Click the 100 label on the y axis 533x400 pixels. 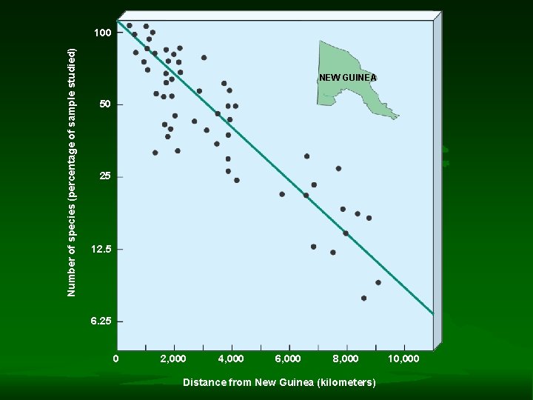[103, 33]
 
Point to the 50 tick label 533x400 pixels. [106, 104]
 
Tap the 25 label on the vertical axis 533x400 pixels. [106, 176]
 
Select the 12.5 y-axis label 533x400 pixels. [101, 250]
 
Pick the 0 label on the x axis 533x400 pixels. [116, 359]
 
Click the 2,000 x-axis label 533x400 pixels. [173, 359]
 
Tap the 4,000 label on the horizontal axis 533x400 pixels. [231, 359]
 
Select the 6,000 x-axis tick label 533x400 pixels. [288, 359]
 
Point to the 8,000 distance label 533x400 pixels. [346, 359]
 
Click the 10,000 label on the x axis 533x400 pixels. [403, 359]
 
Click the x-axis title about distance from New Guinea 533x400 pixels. [279, 382]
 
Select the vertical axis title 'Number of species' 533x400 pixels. [72, 172]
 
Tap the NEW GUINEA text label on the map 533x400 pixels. [348, 78]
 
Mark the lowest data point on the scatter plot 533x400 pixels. [363, 298]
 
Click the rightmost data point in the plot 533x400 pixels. [378, 282]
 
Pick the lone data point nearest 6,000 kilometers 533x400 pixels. [282, 194]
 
